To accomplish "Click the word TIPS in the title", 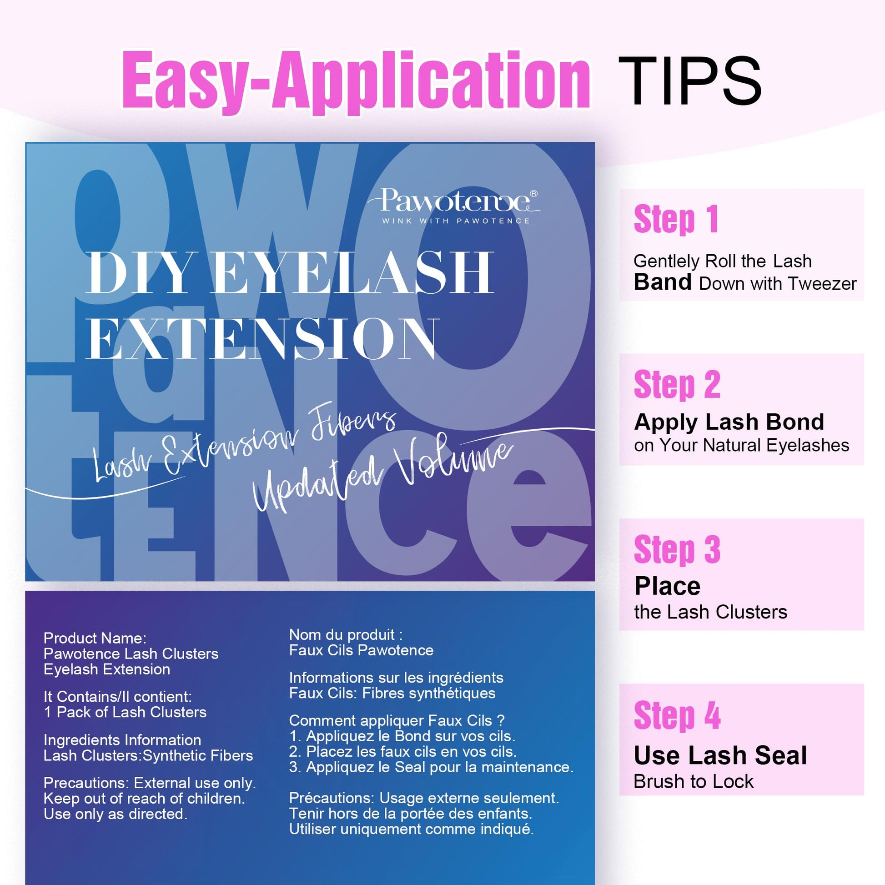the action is coord(690,81).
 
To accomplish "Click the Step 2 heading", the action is coord(677,385).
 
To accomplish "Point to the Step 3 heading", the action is coord(677,550).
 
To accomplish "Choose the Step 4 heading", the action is coord(677,715).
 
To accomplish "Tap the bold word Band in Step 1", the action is coord(662,282).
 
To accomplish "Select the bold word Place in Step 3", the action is coord(668,586).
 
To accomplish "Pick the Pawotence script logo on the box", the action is coord(453,201).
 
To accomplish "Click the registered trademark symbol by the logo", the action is coord(533,193).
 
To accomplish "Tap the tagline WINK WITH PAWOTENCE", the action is coord(456,221).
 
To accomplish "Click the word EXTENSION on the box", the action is coord(261,338).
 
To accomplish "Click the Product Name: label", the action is coord(95,638).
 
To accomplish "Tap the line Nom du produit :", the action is coord(346,634).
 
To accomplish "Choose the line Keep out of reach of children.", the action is coord(144,799).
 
